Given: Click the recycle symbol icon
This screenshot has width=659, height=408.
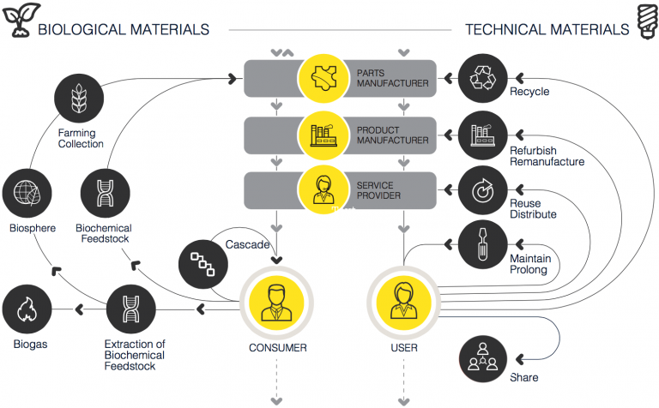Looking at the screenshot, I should (481, 79).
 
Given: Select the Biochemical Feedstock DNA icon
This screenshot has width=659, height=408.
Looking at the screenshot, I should (104, 194).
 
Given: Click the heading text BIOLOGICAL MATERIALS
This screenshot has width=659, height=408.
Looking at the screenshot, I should (124, 29).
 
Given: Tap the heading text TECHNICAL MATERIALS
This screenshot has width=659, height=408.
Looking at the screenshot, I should (547, 29).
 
